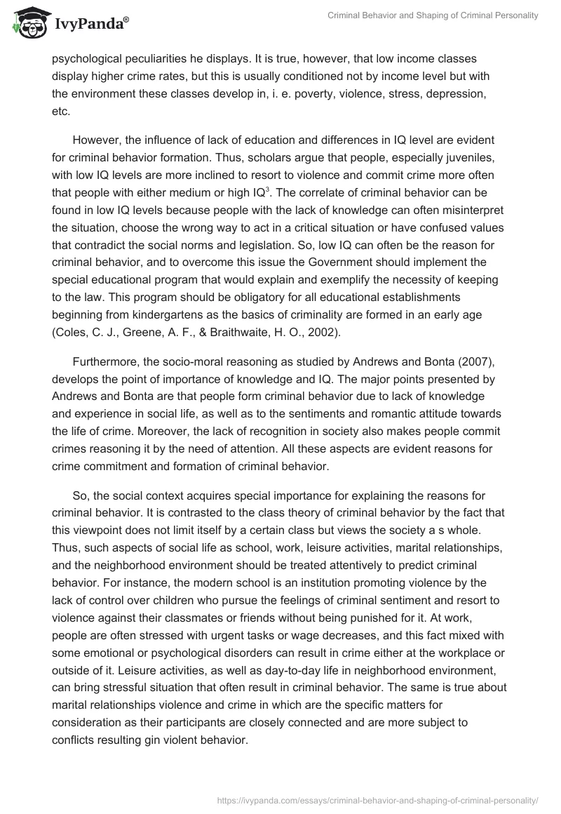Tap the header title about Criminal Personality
[x=433, y=15]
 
